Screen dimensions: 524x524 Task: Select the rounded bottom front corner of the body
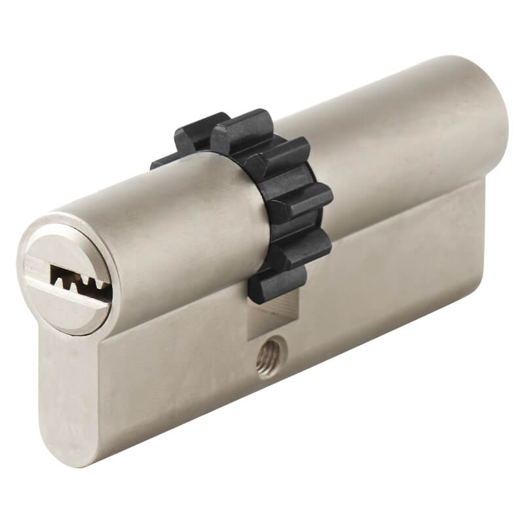(x=69, y=452)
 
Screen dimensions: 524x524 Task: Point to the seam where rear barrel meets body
(x=406, y=196)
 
